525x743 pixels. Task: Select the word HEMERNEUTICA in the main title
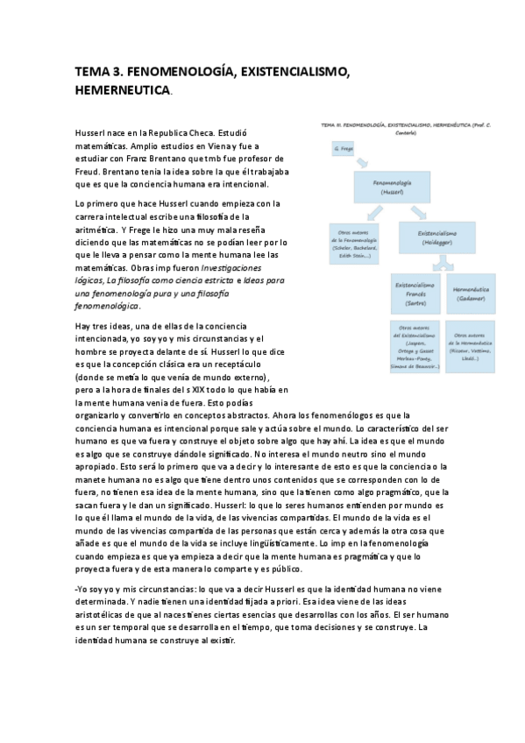123,90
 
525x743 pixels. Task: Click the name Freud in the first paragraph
89,172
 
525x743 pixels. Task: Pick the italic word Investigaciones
231,266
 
